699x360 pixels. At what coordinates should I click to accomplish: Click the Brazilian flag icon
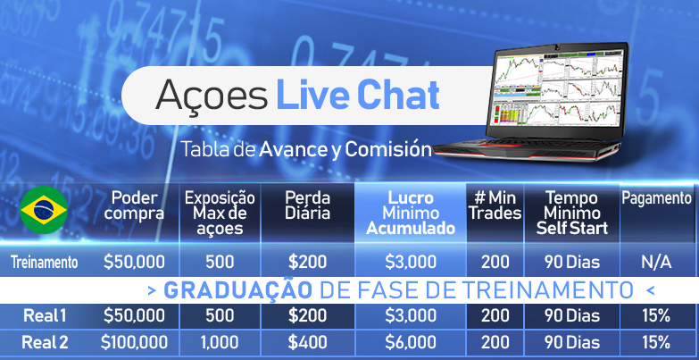(44, 210)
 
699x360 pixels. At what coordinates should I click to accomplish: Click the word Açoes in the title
(212, 96)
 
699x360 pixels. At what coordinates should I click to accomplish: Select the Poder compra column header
(134, 205)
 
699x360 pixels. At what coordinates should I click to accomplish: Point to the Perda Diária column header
(308, 205)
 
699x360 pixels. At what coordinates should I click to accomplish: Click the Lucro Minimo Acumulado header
(411, 213)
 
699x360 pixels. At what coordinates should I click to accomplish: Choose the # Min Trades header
(495, 205)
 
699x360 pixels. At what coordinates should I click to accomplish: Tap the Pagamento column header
(657, 198)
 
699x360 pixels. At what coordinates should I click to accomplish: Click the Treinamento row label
(44, 263)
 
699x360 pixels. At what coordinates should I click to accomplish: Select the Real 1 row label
(45, 316)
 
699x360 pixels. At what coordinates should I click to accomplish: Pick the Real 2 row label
(45, 343)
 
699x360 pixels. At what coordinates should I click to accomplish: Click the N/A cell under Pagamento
(656, 263)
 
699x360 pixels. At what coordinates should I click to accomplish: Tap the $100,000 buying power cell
(134, 343)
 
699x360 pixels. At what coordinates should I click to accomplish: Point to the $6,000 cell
(411, 343)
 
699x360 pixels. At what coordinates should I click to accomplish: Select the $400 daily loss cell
(308, 343)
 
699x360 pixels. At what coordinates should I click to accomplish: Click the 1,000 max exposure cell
(220, 343)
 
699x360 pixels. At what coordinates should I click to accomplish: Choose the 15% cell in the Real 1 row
(656, 316)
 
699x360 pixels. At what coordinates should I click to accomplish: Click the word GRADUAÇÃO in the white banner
(238, 290)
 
